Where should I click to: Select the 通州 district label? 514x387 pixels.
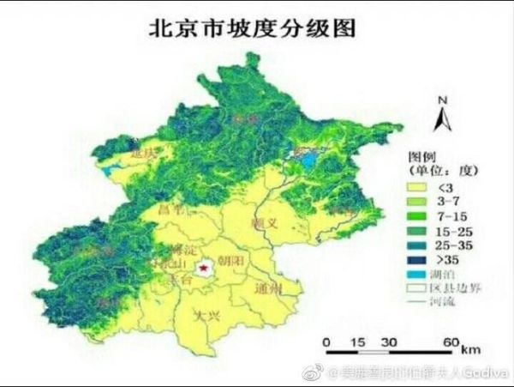click(268, 289)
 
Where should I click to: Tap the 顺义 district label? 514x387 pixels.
click(263, 222)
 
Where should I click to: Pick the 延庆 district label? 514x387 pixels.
click(146, 154)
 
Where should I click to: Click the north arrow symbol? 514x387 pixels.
click(442, 115)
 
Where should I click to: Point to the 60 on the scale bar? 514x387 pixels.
click(449, 342)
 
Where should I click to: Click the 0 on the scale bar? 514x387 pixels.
click(326, 342)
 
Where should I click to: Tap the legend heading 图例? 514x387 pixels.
click(419, 157)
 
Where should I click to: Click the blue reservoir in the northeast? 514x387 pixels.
click(304, 157)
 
